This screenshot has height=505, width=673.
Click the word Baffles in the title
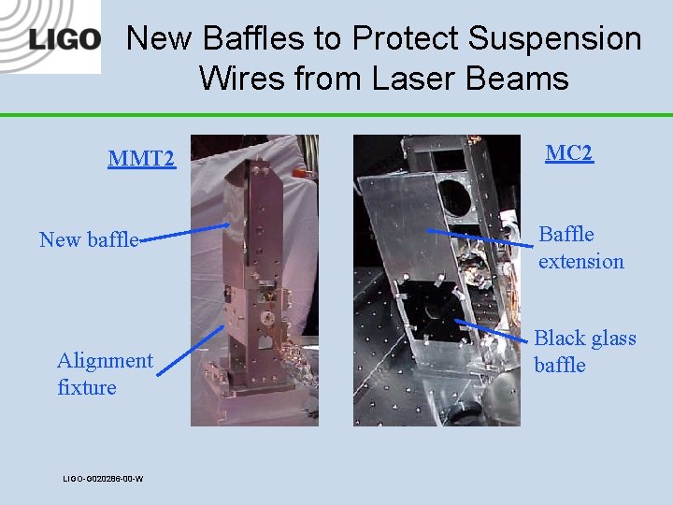(255, 38)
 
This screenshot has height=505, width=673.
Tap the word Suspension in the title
(555, 38)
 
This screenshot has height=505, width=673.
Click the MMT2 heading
(141, 158)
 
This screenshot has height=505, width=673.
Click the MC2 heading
(569, 152)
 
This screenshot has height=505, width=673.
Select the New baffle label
(89, 239)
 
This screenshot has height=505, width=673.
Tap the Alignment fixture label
(104, 373)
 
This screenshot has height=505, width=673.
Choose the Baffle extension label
(580, 247)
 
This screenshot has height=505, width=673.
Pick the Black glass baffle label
(584, 351)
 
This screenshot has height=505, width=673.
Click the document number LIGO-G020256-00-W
(103, 479)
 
